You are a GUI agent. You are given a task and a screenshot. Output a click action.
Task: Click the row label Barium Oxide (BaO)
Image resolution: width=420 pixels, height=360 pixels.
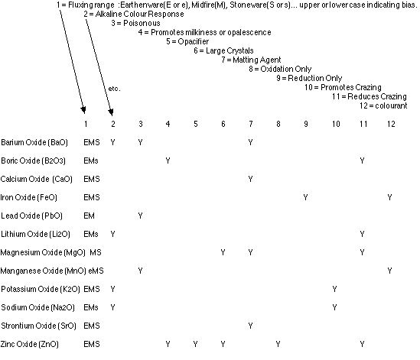click(x=34, y=142)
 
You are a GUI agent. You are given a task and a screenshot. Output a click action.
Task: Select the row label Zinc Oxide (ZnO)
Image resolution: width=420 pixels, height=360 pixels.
click(x=30, y=344)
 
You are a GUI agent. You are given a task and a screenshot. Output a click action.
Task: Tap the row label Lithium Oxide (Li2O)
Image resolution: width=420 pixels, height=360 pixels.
click(x=35, y=234)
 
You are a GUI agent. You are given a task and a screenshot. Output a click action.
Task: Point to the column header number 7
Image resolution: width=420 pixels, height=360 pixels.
click(x=251, y=124)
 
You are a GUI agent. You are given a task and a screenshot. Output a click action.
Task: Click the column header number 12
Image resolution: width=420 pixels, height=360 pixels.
click(x=391, y=124)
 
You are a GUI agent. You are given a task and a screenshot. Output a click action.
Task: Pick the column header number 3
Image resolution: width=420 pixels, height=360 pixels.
click(x=141, y=124)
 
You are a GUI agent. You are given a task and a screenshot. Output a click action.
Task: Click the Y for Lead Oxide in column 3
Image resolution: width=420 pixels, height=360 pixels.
click(x=140, y=216)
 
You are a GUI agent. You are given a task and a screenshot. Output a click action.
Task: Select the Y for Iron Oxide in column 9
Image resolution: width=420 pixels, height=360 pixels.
click(x=305, y=197)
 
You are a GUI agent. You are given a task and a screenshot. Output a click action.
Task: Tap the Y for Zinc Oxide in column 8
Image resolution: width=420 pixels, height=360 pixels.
click(x=278, y=344)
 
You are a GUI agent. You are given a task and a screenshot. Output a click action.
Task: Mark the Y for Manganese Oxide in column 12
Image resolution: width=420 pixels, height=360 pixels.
click(x=389, y=271)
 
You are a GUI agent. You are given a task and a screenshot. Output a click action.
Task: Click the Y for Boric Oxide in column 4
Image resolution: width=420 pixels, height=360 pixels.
click(x=168, y=161)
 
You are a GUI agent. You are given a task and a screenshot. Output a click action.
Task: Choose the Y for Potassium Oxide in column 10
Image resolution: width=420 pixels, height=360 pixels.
click(x=334, y=289)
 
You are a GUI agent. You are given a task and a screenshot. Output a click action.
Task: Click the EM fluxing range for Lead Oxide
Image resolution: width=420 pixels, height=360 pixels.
click(x=89, y=216)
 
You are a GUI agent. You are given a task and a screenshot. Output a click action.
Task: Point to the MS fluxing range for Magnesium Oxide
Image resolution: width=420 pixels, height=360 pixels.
click(x=96, y=252)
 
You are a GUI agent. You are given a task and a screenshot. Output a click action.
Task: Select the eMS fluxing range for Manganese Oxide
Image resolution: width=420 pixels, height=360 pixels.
click(x=96, y=271)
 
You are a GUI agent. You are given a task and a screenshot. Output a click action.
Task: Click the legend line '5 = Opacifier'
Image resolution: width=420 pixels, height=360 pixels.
click(x=187, y=41)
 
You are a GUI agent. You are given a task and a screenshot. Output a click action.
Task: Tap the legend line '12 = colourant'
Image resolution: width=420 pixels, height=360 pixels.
click(x=383, y=105)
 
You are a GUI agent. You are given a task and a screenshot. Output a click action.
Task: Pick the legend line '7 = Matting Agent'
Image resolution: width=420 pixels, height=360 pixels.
click(x=251, y=60)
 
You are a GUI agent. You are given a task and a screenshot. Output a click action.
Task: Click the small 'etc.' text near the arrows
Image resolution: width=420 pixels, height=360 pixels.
click(x=115, y=89)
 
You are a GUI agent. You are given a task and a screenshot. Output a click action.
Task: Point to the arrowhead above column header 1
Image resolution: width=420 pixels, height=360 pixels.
click(x=83, y=110)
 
